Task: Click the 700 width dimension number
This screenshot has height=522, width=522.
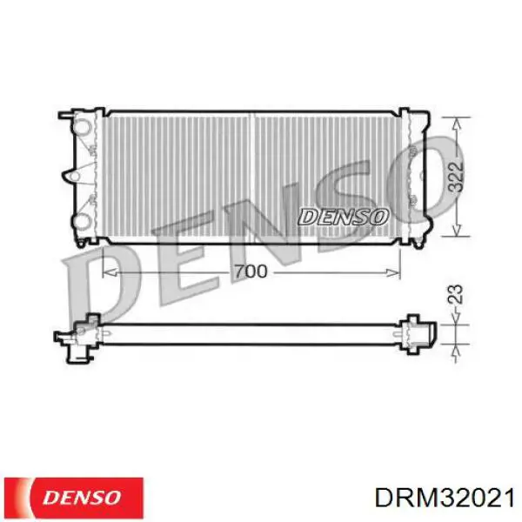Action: click(251, 271)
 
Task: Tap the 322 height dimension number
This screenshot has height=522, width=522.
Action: click(455, 177)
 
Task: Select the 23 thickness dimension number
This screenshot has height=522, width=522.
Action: click(455, 294)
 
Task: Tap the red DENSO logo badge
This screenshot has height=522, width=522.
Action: click(74, 498)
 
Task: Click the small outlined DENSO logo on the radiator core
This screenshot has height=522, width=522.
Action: click(344, 217)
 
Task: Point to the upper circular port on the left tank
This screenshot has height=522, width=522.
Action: click(82, 127)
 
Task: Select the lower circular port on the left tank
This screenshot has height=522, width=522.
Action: click(82, 221)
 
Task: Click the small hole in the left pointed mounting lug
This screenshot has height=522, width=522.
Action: click(76, 176)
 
